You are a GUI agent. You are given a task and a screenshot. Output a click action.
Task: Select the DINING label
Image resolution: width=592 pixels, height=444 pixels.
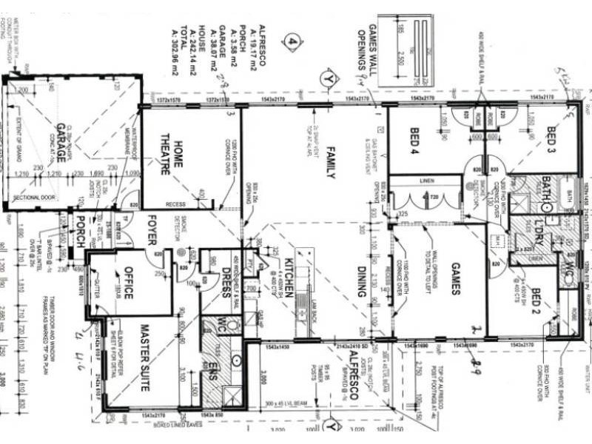361,280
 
